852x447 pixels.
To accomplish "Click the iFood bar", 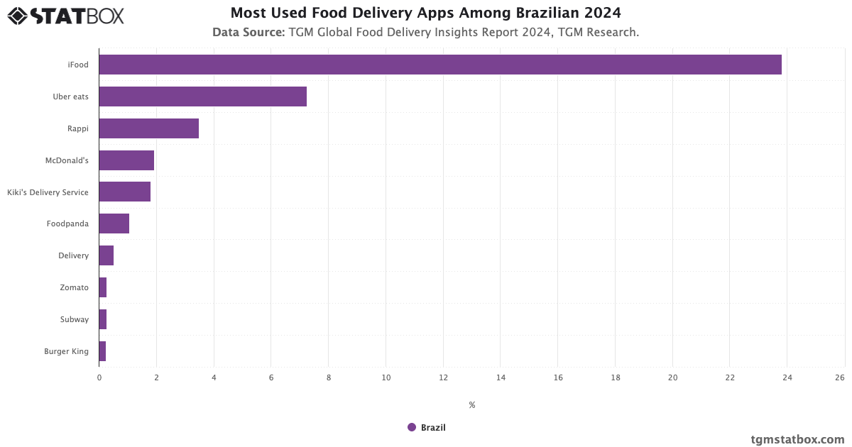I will point(440,65).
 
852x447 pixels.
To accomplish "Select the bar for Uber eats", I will point(202,96).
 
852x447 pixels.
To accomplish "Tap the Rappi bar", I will point(148,128).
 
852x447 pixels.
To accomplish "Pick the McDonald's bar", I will point(126,160).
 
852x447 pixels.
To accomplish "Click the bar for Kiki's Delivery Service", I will point(124,192).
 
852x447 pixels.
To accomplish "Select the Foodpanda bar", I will point(114,223).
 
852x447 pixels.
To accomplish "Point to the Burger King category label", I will point(66,351).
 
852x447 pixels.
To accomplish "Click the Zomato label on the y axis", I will point(75,287).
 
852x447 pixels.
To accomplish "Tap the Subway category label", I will point(75,319).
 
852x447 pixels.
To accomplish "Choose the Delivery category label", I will point(74,255).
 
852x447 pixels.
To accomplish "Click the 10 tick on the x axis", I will point(386,377).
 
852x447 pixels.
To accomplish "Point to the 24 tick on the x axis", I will point(787,377).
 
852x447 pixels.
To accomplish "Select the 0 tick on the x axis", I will point(99,377).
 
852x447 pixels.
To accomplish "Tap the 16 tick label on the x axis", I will point(558,377).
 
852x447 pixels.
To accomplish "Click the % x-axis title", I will point(471,405).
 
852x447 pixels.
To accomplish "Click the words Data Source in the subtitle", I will point(248,32).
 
